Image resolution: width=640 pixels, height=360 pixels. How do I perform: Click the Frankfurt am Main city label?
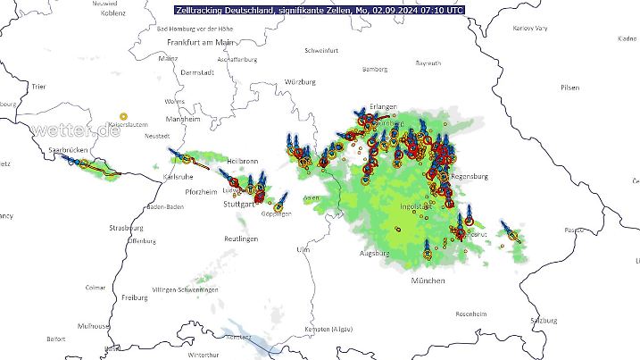[200, 42]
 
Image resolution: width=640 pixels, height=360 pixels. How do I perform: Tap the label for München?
[428, 280]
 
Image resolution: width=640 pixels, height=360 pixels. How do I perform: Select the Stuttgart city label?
[238, 205]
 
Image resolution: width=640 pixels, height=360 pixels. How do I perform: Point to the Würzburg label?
[300, 81]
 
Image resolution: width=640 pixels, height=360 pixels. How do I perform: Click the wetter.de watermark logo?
[74, 130]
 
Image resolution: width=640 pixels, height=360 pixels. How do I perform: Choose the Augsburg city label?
[374, 254]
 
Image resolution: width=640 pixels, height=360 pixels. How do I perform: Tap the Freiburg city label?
[135, 297]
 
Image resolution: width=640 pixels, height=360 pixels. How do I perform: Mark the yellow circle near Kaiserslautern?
[124, 116]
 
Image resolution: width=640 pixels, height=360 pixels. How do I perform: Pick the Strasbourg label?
[126, 229]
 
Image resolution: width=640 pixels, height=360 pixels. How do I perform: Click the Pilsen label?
[569, 88]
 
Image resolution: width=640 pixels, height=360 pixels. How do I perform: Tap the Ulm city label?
[303, 249]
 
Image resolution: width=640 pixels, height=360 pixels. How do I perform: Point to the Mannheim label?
[183, 119]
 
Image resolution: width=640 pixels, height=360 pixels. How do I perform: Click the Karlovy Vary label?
[530, 28]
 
